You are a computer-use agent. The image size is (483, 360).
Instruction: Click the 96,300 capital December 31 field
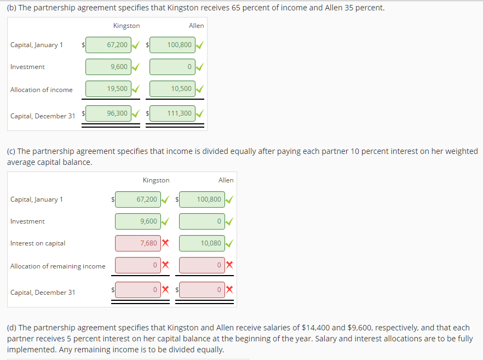click(108, 113)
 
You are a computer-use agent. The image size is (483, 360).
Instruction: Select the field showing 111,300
click(172, 113)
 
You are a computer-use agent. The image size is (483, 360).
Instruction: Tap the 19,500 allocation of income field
click(108, 89)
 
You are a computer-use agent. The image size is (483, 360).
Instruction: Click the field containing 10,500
click(172, 89)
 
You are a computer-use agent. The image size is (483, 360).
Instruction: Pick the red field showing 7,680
click(138, 243)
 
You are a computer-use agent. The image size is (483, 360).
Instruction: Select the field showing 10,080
click(202, 243)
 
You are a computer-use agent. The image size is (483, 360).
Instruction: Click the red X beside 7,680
click(165, 243)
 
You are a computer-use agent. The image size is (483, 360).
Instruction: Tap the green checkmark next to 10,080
click(229, 243)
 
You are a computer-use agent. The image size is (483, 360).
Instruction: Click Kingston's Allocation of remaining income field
click(138, 265)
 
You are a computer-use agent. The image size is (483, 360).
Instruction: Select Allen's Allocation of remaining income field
click(202, 265)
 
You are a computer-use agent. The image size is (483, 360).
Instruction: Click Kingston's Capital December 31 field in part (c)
click(138, 289)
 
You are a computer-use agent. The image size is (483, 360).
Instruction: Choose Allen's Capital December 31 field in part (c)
click(202, 289)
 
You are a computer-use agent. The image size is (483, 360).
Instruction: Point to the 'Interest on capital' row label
click(38, 243)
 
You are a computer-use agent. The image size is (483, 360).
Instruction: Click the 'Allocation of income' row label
click(42, 90)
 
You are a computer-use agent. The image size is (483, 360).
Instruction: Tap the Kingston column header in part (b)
click(127, 26)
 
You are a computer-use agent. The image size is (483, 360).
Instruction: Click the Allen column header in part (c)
click(226, 180)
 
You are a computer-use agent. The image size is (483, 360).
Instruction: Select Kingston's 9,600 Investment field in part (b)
click(108, 67)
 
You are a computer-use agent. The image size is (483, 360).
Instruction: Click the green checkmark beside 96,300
click(136, 114)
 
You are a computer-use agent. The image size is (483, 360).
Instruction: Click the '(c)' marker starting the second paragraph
click(12, 151)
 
